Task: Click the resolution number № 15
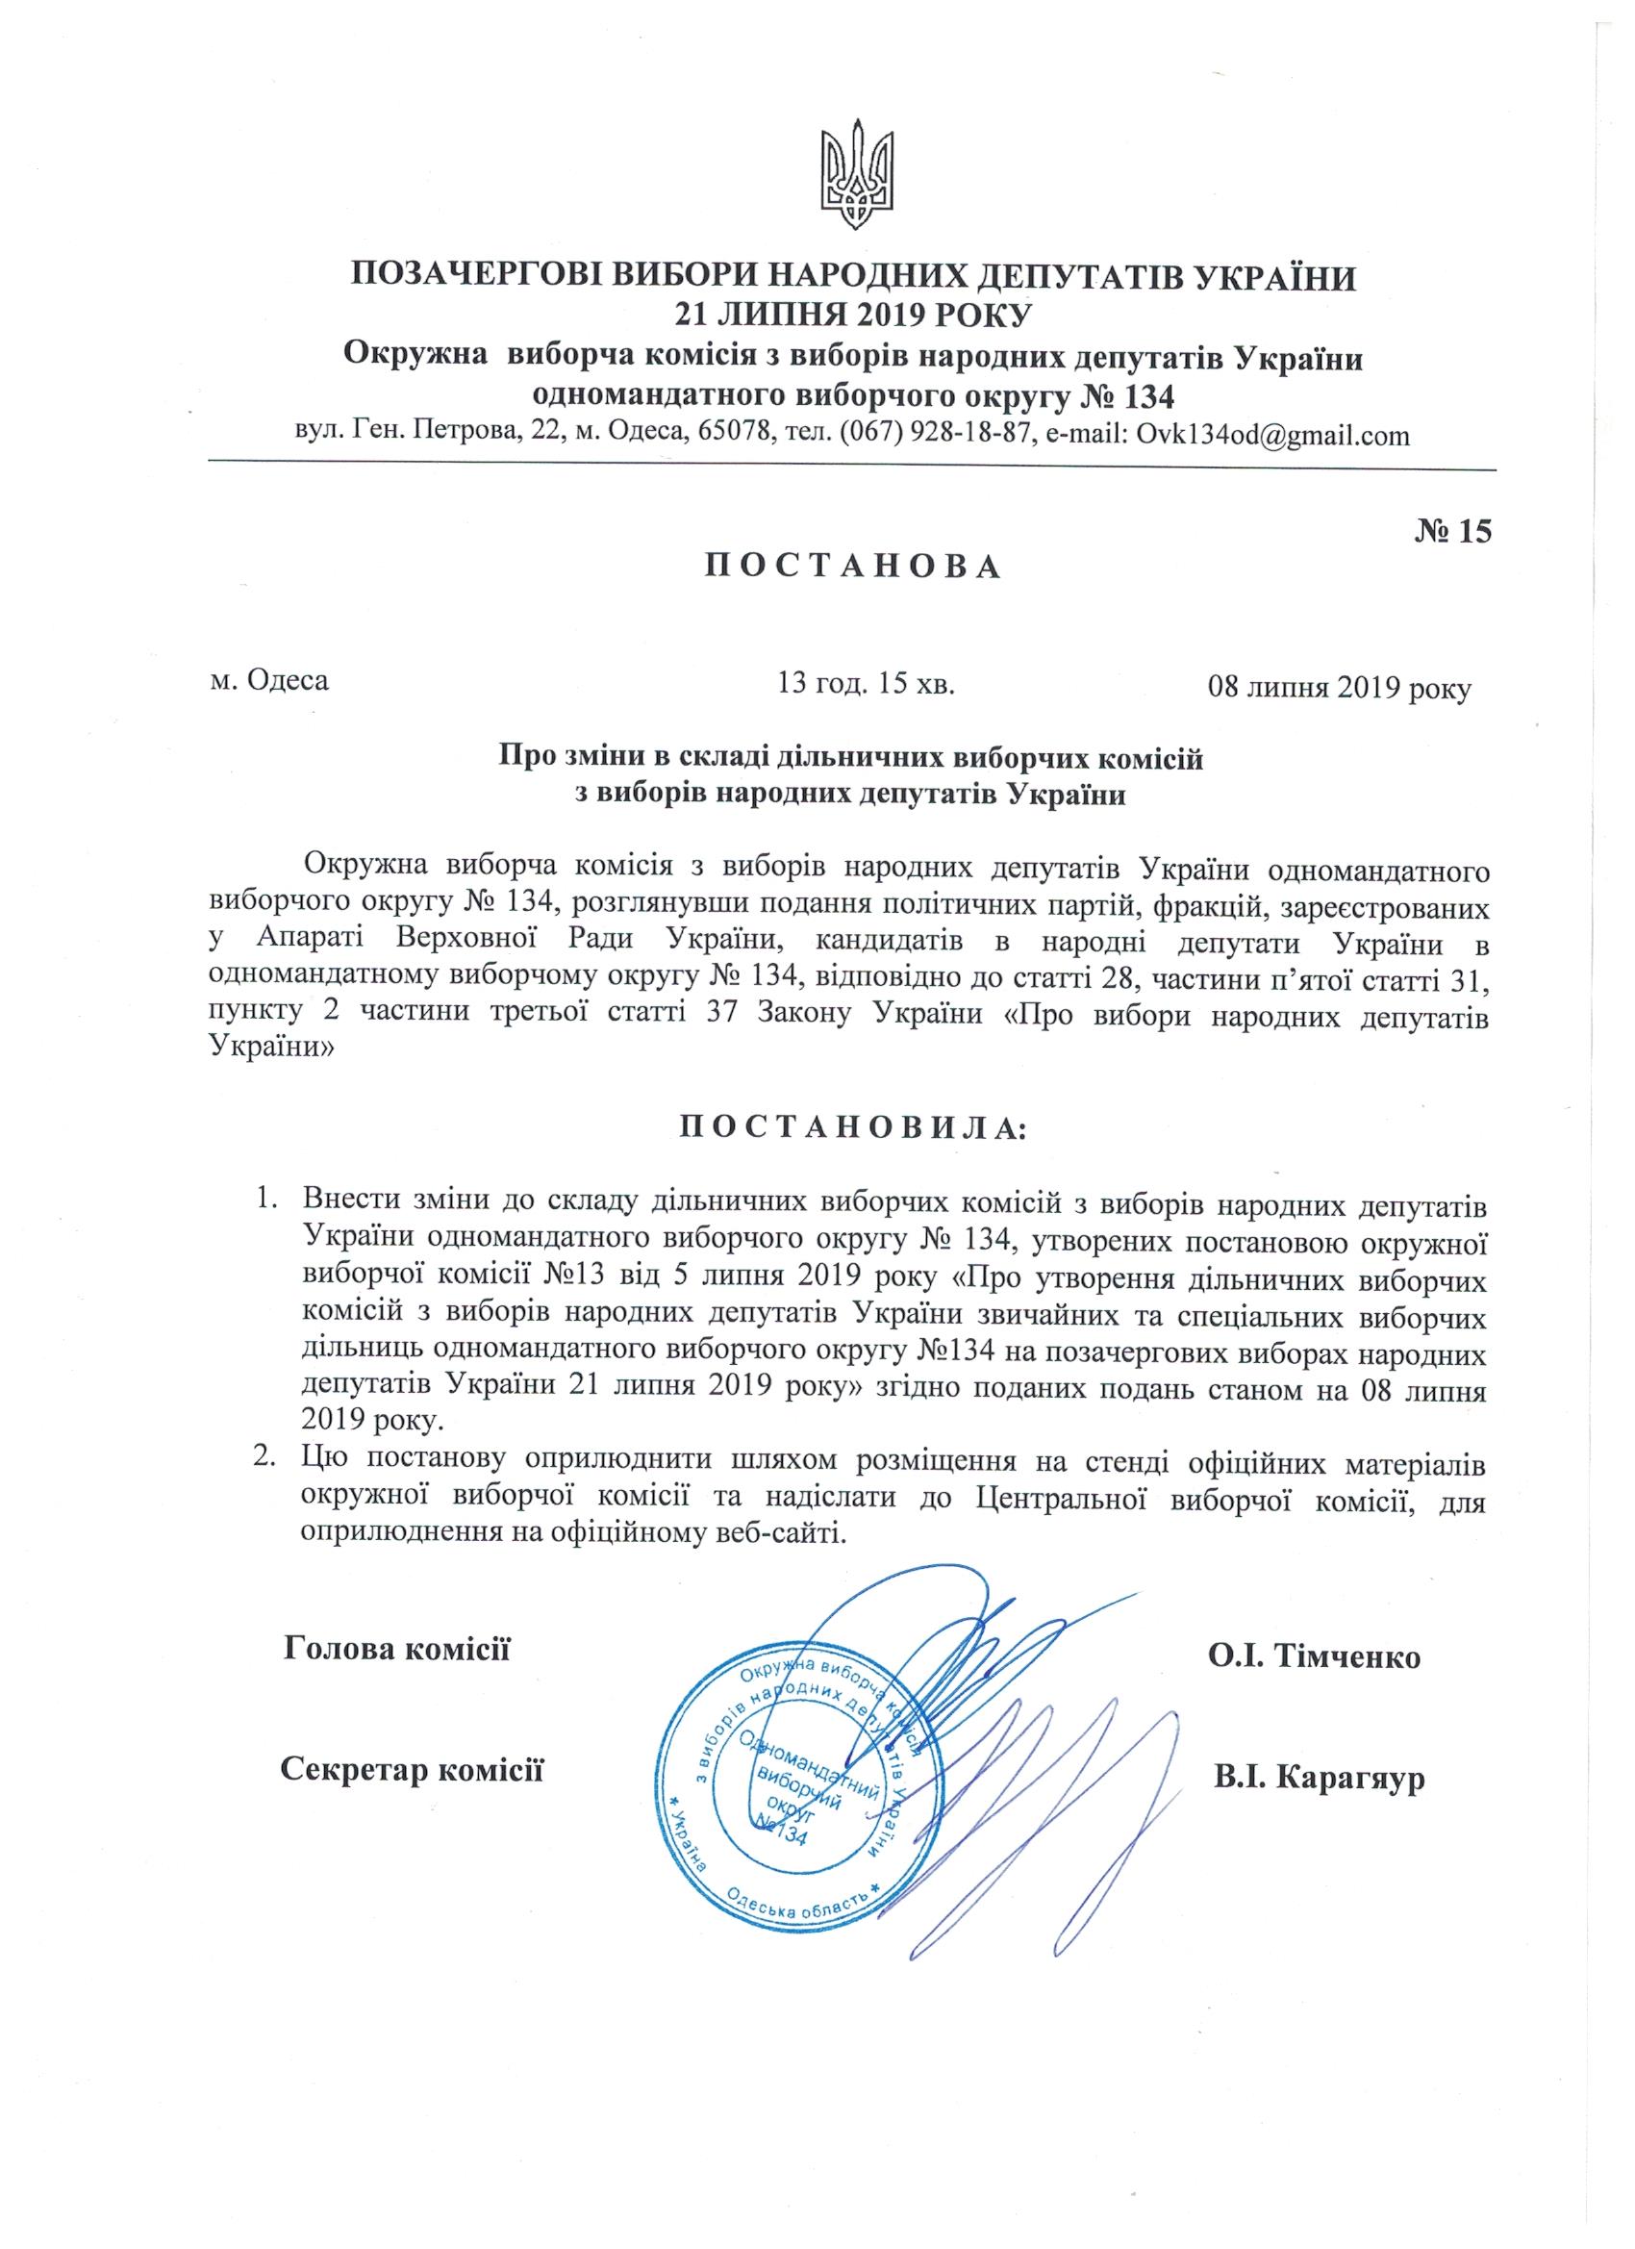tap(1450, 532)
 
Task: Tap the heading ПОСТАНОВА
tap(853, 567)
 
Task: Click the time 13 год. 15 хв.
tap(867, 683)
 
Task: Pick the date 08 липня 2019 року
tap(1338, 687)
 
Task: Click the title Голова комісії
tap(396, 1649)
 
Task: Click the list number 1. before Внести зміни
tap(264, 1200)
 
